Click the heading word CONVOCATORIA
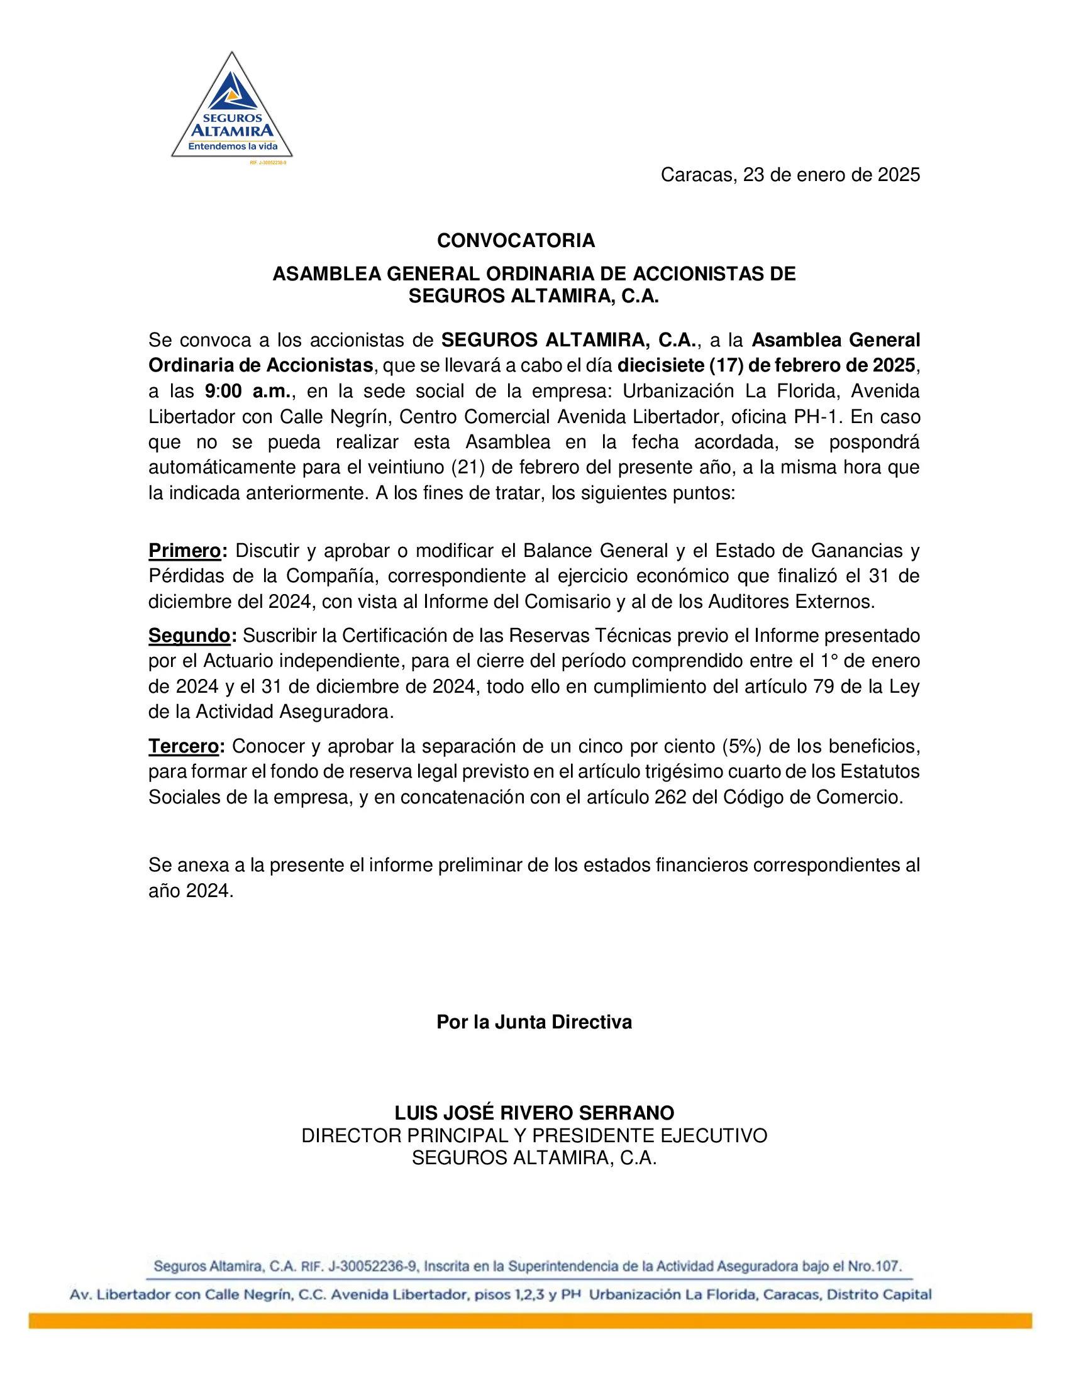pos(516,241)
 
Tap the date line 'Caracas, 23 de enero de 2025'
pos(790,175)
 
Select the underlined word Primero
pos(184,550)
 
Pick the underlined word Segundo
pos(189,635)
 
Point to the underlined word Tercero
pos(184,746)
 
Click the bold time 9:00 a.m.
pos(248,392)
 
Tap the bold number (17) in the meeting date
pos(726,365)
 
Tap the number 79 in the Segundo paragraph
pos(824,686)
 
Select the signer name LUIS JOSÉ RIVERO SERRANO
pos(534,1113)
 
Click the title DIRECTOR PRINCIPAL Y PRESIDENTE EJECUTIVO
pos(534,1135)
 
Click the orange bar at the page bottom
pos(530,1320)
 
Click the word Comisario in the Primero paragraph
pos(563,601)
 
